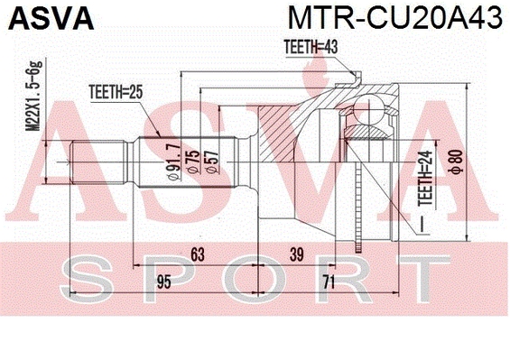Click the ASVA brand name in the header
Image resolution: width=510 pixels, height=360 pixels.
[51, 18]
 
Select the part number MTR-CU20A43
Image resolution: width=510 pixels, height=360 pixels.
[395, 18]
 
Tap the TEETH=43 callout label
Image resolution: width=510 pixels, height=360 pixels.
[311, 47]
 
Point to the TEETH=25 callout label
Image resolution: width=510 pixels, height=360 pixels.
[116, 92]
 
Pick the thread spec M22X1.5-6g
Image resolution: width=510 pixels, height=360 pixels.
[34, 96]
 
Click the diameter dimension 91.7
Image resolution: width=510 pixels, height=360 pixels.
[173, 162]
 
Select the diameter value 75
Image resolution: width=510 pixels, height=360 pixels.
[194, 162]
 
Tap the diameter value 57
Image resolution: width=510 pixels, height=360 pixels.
[212, 162]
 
